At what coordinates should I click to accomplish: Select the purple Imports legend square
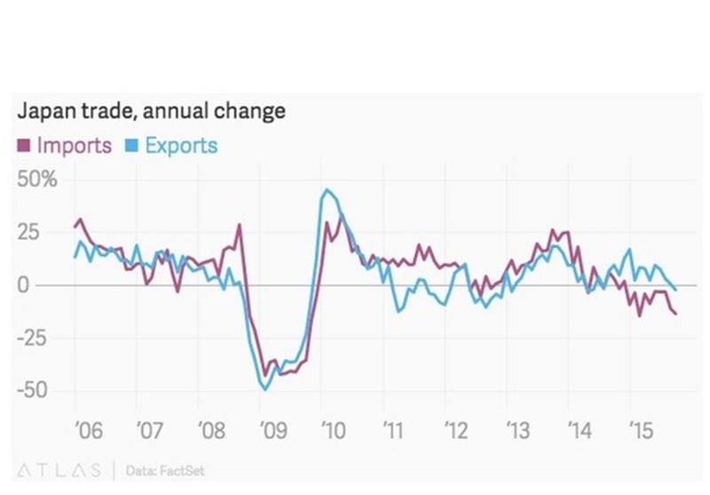click(23, 145)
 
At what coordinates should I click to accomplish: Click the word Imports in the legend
click(74, 145)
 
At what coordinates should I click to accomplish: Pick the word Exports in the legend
click(180, 145)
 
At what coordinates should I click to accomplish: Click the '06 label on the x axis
click(88, 432)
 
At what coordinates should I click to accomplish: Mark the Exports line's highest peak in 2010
click(327, 189)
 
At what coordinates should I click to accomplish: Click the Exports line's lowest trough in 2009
click(264, 388)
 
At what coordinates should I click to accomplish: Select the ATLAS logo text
click(60, 468)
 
